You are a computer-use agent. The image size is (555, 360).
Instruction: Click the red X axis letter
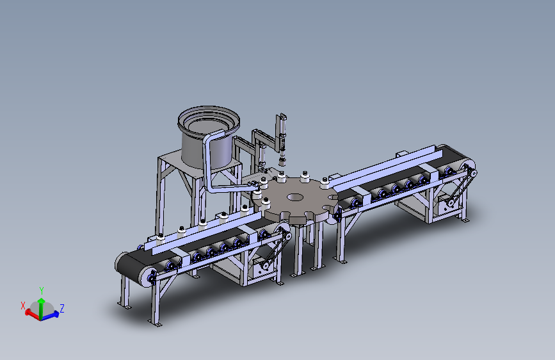click(23, 306)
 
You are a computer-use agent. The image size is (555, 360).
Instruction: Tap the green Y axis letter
click(42, 291)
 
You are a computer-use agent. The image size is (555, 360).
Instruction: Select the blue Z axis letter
click(62, 308)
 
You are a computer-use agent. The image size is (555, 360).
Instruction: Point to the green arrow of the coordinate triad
click(42, 309)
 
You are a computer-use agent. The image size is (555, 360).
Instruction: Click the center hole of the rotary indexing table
click(295, 197)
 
